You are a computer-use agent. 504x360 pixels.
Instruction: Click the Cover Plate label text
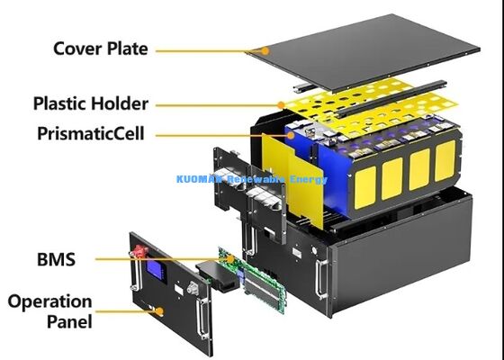click(x=100, y=48)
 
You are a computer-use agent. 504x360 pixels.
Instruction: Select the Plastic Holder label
click(x=90, y=103)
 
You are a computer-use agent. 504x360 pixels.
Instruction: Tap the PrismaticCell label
click(x=91, y=134)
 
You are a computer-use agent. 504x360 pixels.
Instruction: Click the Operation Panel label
click(x=49, y=310)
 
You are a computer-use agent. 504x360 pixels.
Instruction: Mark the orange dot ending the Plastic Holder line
click(x=281, y=104)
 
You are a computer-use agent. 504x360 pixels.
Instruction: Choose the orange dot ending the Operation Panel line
click(x=160, y=311)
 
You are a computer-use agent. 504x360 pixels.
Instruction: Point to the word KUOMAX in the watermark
click(x=200, y=179)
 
